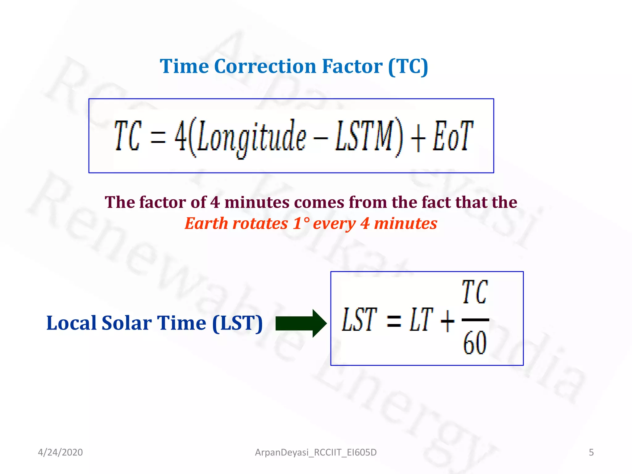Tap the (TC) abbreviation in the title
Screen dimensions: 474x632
408,66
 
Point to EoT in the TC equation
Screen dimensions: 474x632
453,136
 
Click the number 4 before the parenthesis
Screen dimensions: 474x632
181,136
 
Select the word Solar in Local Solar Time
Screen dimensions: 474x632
127,323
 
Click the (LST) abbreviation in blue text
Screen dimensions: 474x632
237,323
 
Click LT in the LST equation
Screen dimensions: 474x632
421,320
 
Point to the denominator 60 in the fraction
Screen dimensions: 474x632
475,343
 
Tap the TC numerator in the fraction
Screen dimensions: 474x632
475,292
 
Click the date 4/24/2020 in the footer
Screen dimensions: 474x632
60,452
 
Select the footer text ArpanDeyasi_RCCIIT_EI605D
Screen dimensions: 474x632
316,452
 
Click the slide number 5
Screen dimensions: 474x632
591,452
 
